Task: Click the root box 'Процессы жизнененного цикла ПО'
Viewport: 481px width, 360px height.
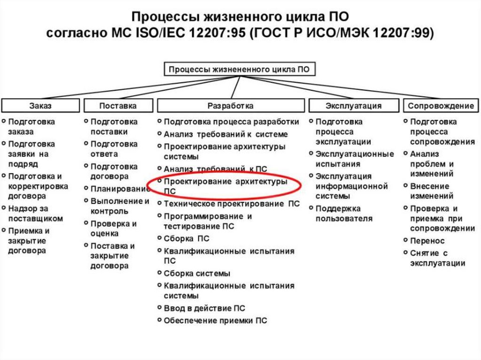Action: click(x=239, y=69)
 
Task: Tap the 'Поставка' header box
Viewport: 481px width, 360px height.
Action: click(x=118, y=106)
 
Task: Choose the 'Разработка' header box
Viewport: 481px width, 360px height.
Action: click(x=230, y=106)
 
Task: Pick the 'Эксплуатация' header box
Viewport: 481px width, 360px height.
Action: click(x=353, y=106)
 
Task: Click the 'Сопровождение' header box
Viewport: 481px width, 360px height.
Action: click(x=441, y=106)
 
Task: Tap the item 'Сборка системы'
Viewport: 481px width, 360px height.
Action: click(x=197, y=273)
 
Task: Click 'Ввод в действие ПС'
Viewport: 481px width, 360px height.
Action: click(x=204, y=308)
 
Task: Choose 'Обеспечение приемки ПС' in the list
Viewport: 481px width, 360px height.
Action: click(x=215, y=321)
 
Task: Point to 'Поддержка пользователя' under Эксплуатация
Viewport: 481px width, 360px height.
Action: click(x=344, y=214)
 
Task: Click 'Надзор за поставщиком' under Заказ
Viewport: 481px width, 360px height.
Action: click(x=36, y=214)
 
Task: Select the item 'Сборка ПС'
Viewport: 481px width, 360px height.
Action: click(x=186, y=238)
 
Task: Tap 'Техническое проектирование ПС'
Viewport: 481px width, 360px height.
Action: click(x=231, y=204)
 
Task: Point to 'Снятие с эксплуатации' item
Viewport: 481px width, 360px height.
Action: click(x=437, y=258)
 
